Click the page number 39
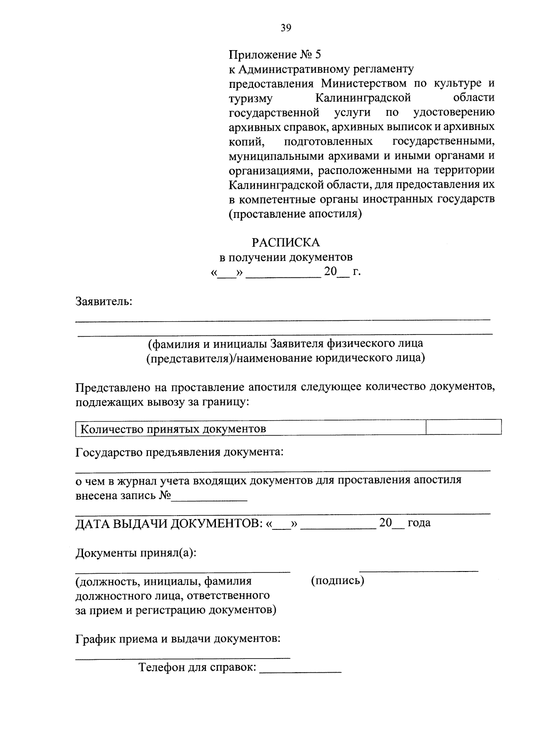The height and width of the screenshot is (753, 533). pos(286,28)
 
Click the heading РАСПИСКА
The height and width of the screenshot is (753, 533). pos(286,242)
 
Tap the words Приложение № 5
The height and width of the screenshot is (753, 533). pos(274,55)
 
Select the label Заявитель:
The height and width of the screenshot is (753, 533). pos(104,302)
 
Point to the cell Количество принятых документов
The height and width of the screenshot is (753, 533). pos(173,429)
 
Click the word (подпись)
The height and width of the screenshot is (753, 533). pos(338,580)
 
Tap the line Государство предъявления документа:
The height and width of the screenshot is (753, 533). pos(179,452)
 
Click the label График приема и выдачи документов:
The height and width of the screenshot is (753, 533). pos(178,639)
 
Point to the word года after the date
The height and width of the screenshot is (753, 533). pos(419,523)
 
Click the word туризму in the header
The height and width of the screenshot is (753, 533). pos(251,98)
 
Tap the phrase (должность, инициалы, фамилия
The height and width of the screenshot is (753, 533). pos(163,581)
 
